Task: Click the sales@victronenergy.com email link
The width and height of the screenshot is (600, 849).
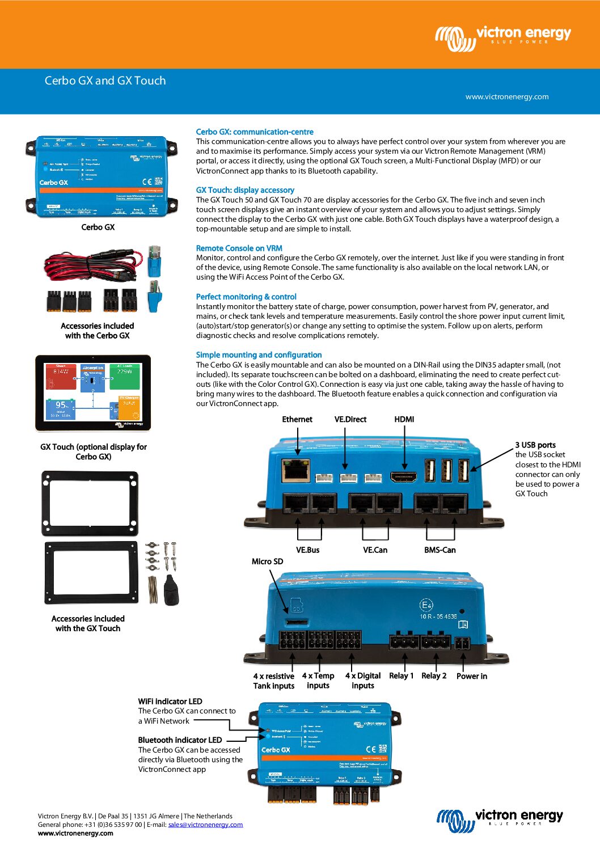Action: click(205, 825)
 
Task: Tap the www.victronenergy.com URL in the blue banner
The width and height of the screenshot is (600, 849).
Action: click(507, 96)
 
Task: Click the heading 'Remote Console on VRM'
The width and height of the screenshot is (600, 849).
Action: click(239, 248)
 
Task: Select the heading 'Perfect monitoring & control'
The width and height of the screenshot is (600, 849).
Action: click(246, 297)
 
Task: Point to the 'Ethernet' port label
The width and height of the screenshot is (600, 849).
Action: click(297, 419)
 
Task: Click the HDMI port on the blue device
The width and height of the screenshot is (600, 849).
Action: click(403, 476)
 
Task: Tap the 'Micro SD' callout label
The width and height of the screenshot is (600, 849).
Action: click(267, 561)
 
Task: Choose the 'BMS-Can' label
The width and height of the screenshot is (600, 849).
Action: click(440, 550)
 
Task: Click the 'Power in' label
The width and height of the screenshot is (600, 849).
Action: click(471, 676)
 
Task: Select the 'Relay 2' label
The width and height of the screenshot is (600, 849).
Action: click(434, 675)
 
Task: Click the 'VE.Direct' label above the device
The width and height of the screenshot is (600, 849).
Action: click(350, 419)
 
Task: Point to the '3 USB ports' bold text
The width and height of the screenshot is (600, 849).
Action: click(535, 445)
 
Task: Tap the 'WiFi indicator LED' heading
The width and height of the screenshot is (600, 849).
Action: click(170, 702)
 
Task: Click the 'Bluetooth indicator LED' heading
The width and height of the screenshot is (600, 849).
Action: click(180, 740)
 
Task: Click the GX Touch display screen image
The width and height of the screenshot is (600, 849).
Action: click(93, 392)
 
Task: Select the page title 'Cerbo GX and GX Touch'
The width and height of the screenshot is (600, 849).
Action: click(105, 81)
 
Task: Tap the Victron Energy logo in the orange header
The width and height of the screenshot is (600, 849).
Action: click(503, 37)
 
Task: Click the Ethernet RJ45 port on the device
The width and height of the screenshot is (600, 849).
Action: click(295, 470)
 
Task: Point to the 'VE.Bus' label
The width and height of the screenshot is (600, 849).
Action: click(307, 550)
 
